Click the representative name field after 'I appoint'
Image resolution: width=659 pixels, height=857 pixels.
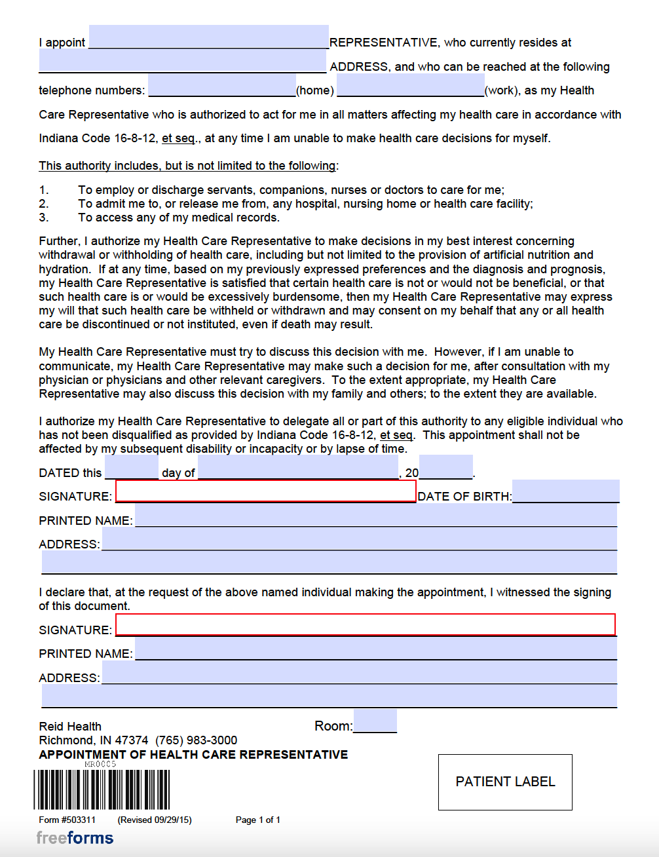coord(208,37)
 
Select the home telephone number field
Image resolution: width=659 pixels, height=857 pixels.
coord(221,86)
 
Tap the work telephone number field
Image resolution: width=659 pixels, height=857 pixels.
coord(410,86)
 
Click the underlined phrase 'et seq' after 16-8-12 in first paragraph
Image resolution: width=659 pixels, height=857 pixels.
coord(178,138)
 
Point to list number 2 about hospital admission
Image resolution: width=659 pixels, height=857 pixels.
coord(44,204)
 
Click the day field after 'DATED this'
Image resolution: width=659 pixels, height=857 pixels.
coord(131,468)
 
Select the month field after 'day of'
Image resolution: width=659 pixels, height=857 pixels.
coord(298,468)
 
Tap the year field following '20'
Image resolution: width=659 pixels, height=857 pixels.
coord(445,468)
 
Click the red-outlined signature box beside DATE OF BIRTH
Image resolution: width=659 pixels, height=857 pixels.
coord(265,491)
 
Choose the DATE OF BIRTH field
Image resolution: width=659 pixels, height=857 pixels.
coord(566,491)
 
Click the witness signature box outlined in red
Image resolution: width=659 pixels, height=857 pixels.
coord(366,625)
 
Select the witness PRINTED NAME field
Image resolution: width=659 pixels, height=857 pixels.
coord(375,649)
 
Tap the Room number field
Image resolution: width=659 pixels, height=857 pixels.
coord(375,721)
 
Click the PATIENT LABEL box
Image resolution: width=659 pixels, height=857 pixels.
coord(505,782)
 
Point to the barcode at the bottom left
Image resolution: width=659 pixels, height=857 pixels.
coord(102,790)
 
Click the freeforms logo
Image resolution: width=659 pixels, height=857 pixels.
coord(75,838)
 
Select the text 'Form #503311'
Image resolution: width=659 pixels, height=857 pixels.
coord(67,820)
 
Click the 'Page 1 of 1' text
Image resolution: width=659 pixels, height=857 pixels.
coord(257,820)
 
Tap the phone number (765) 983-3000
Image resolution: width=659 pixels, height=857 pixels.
coord(196,740)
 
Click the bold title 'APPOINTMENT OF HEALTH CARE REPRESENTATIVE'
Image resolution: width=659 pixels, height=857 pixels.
coord(193,755)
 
